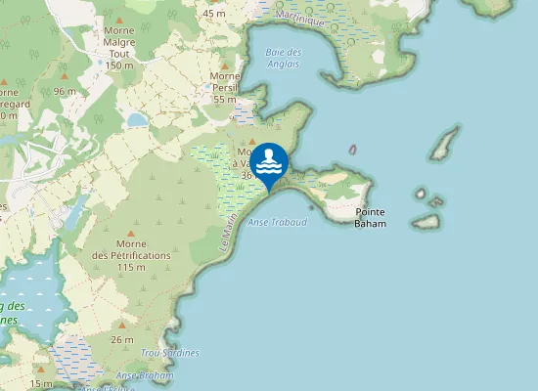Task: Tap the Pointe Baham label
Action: click(x=370, y=218)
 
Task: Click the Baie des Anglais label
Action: click(x=284, y=58)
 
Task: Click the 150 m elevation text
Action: click(x=118, y=65)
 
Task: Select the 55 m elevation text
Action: click(x=225, y=99)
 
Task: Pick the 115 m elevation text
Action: click(x=131, y=267)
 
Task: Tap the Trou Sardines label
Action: click(x=169, y=353)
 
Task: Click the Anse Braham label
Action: click(x=145, y=375)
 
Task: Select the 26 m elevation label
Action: click(x=122, y=339)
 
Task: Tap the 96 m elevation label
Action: click(x=66, y=91)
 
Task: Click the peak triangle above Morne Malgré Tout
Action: click(x=118, y=20)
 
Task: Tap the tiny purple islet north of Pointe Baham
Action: click(x=353, y=150)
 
